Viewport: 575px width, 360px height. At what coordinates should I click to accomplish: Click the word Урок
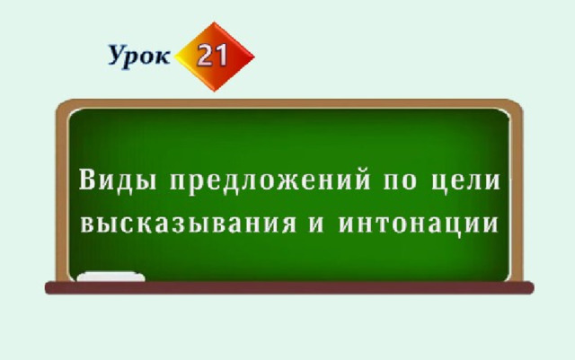[139, 56]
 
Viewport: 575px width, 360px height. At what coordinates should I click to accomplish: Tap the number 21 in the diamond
[213, 55]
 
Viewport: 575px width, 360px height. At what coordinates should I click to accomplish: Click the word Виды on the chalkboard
[118, 180]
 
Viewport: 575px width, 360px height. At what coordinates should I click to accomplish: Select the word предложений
[270, 180]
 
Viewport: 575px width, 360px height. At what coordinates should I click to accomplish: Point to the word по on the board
[400, 182]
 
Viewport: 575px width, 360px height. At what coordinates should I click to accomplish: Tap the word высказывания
[188, 224]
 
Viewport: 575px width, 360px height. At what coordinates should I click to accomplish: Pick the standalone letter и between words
[316, 224]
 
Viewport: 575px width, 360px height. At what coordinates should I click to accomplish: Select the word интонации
[419, 224]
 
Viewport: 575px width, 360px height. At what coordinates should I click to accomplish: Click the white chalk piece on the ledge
[111, 277]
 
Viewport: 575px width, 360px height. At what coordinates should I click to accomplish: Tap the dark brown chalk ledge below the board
[289, 288]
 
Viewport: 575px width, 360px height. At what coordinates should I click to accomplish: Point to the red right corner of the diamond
[254, 57]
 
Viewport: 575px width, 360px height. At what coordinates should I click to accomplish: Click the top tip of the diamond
[214, 22]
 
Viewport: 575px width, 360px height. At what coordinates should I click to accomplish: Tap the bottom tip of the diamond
[215, 92]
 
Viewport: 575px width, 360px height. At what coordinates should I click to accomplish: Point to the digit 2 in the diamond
[206, 56]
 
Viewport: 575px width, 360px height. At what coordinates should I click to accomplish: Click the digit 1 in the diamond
[222, 55]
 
